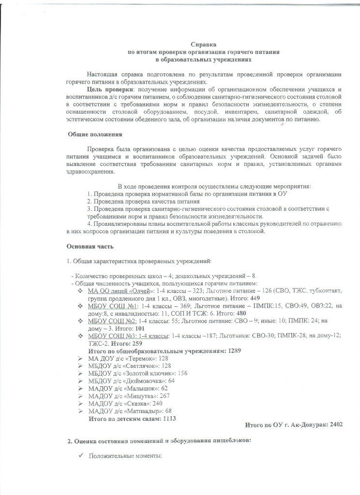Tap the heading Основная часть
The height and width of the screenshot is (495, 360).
[90, 247]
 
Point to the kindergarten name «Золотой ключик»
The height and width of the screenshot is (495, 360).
[155, 373]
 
